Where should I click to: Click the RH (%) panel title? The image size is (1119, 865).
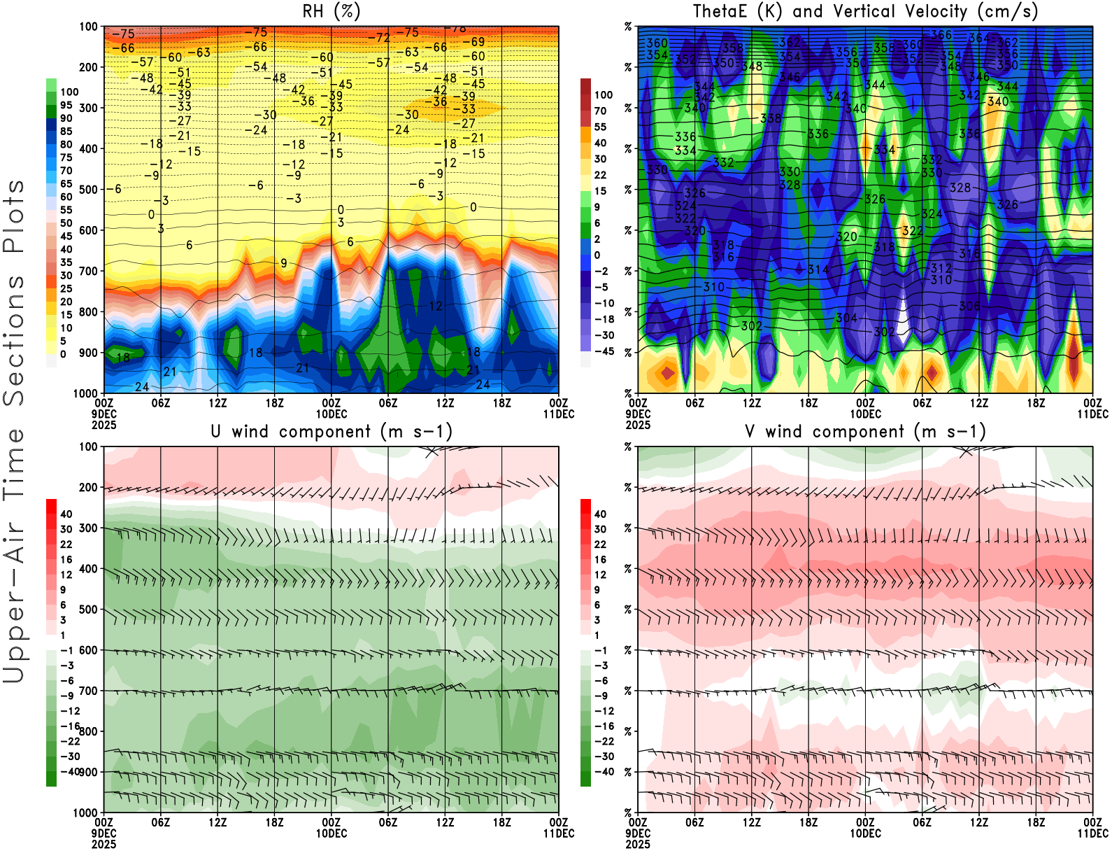[331, 12]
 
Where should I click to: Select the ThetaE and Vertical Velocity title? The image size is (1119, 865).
[865, 12]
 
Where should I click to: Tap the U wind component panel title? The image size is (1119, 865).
[331, 432]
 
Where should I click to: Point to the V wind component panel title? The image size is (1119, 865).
[865, 432]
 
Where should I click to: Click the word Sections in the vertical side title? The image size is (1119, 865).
[14, 341]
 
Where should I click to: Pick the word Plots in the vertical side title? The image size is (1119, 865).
[14, 217]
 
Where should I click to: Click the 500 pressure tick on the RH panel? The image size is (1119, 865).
[88, 190]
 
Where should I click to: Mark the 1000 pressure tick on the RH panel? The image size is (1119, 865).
[85, 393]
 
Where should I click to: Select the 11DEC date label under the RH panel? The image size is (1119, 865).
[558, 414]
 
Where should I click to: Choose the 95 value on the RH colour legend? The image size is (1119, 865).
[66, 105]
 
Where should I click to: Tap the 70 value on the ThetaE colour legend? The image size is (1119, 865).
[600, 111]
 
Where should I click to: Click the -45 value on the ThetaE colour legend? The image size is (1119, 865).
[604, 351]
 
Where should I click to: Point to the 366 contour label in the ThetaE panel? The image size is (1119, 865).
[941, 35]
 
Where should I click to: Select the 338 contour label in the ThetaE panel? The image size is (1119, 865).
[771, 118]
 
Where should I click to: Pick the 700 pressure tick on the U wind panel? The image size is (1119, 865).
[88, 691]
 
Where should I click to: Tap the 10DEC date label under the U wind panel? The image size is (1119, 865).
[331, 834]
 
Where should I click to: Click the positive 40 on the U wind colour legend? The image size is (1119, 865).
[66, 514]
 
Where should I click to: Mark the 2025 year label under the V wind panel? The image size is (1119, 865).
[638, 844]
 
